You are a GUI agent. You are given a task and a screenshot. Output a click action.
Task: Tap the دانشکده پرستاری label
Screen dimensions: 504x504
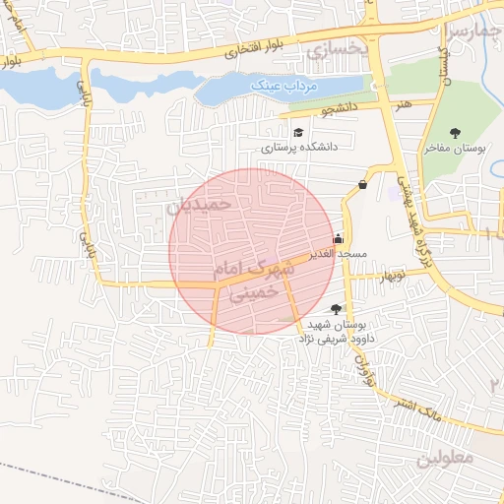coord(299,147)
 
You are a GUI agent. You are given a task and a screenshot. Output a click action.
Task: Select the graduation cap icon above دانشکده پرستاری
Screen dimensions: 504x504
coord(297,131)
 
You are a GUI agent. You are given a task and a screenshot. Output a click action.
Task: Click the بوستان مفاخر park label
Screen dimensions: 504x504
coord(456,149)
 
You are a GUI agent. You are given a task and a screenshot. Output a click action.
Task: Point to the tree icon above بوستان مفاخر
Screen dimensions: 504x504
coord(455,132)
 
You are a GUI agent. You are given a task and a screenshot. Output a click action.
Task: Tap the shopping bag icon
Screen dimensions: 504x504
coord(363,184)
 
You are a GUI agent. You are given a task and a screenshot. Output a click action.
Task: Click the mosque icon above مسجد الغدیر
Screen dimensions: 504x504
coord(339,237)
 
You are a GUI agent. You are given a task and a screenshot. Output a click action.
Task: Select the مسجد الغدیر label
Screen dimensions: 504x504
coord(338,253)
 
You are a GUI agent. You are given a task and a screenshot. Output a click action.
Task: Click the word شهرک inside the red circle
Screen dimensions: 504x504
coord(274,265)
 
